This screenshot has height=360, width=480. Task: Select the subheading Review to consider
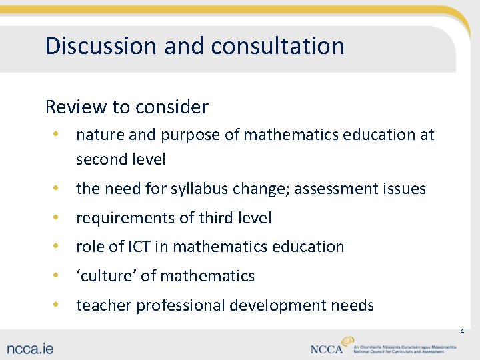pos(127,107)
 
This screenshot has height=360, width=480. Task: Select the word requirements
pos(123,218)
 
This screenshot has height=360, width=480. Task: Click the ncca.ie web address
pos(31,348)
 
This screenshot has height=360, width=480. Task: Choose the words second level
pos(121,159)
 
